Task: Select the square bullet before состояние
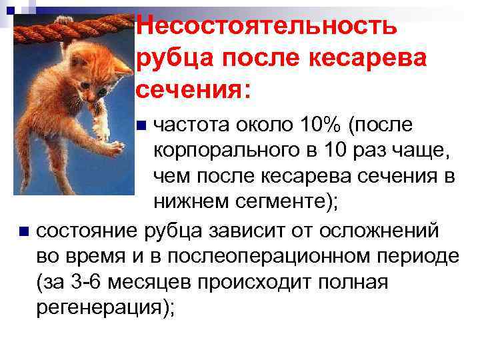(x=24, y=232)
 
